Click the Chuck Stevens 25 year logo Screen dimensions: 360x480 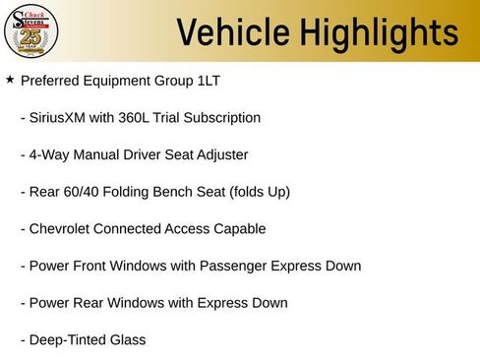(31, 30)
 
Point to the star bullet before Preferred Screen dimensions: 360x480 (10, 80)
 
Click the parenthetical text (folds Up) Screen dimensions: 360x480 (259, 192)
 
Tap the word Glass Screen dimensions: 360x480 (126, 340)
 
